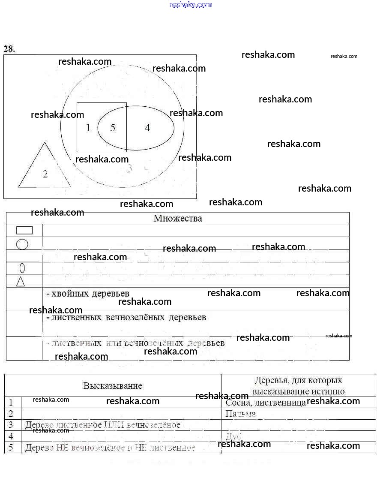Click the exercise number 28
coord(9,49)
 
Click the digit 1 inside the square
coord(88,128)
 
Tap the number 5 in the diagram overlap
coord(113,128)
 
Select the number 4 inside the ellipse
coord(147,128)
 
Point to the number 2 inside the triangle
coord(45,174)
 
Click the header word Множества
coord(178,218)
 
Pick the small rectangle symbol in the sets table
coord(24,230)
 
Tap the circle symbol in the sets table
coord(22,244)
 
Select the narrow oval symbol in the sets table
coord(22,268)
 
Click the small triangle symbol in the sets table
coord(21,281)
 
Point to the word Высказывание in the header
coord(113,385)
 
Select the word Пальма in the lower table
coord(240,414)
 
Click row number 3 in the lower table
coord(11,425)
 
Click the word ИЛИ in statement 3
coord(113,425)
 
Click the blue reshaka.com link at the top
coord(190,5)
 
